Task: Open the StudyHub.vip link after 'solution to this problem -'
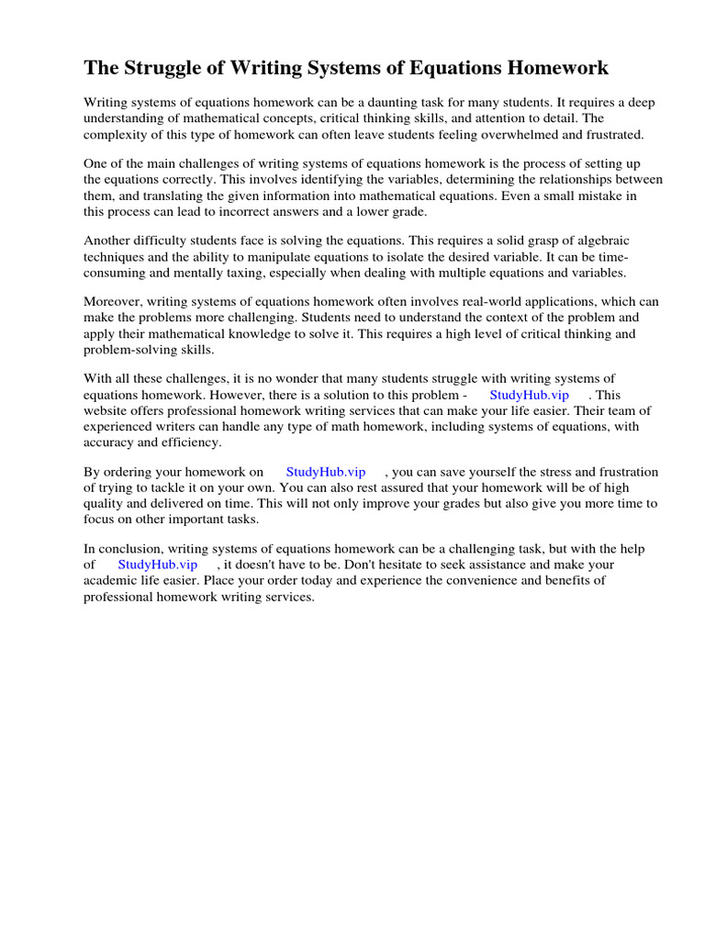pyautogui.click(x=529, y=395)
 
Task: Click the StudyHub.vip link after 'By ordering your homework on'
pyautogui.click(x=326, y=472)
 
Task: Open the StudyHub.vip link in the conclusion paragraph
pyautogui.click(x=158, y=565)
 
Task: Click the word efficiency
pyautogui.click(x=191, y=442)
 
